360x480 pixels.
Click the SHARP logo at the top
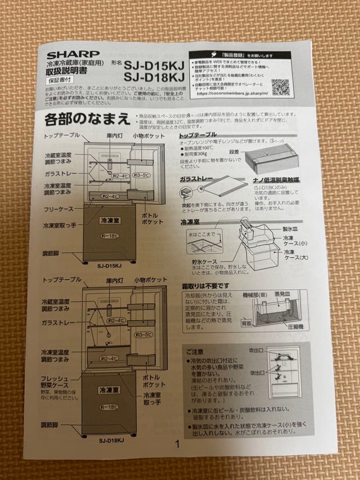coord(73,55)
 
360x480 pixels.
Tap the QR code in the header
coord(281,87)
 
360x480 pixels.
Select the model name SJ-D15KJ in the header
coord(154,65)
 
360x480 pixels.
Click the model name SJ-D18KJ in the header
coord(154,77)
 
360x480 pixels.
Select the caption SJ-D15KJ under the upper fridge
coord(109,266)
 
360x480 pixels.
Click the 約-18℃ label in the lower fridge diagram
coord(108,407)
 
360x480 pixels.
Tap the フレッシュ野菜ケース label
coord(55,382)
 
